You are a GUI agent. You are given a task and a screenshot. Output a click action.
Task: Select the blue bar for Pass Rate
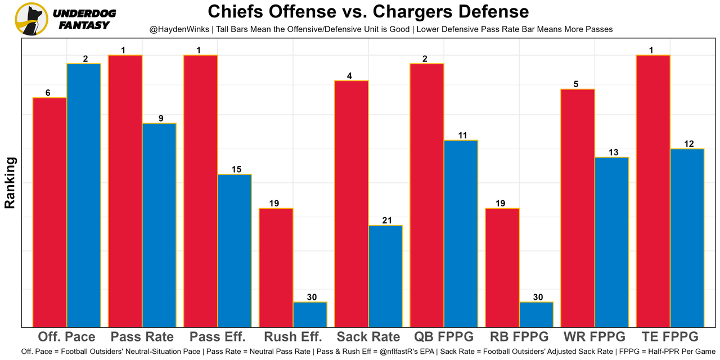click(x=159, y=225)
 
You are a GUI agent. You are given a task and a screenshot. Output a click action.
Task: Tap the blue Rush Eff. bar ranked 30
click(x=310, y=314)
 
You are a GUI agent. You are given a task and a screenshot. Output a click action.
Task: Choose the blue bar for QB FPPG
click(x=461, y=233)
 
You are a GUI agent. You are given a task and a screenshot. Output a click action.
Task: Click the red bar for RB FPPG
click(x=502, y=267)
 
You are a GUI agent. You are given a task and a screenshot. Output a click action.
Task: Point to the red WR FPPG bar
click(x=578, y=208)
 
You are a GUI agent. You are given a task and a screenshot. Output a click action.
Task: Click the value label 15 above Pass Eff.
click(x=235, y=169)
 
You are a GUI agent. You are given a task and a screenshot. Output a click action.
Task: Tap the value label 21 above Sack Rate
click(x=385, y=220)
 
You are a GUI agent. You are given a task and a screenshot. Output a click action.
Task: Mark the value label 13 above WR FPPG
click(x=611, y=152)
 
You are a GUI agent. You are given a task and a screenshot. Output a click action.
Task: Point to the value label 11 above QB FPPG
click(x=461, y=135)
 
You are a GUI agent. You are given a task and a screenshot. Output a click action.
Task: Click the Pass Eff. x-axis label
click(x=218, y=337)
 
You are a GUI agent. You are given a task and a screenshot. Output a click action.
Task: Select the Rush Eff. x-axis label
click(x=293, y=337)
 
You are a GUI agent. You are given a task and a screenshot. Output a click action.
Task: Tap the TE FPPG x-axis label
click(x=670, y=337)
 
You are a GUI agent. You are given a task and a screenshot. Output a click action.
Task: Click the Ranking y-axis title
click(x=10, y=183)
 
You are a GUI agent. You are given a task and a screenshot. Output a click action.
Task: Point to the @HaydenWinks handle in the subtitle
click(x=177, y=29)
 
